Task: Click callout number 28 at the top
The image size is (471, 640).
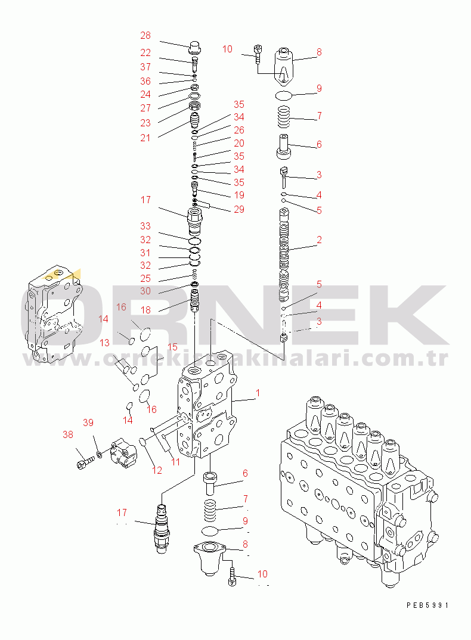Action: click(145, 35)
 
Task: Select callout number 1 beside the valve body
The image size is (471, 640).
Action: click(258, 393)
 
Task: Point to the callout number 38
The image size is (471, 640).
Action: click(68, 435)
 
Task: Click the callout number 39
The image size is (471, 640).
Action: click(88, 423)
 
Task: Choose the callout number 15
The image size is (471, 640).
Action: click(172, 346)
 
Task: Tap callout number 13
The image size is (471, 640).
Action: click(105, 343)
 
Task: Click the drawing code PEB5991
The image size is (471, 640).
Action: click(427, 605)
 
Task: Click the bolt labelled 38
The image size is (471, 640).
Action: click(83, 461)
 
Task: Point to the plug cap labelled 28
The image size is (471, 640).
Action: click(195, 46)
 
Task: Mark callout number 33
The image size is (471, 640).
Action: click(145, 226)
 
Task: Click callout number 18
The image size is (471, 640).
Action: click(145, 310)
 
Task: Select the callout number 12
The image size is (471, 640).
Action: click(156, 471)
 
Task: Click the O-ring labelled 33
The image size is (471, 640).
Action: click(194, 241)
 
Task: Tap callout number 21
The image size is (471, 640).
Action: click(145, 138)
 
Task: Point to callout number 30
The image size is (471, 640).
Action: click(145, 291)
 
